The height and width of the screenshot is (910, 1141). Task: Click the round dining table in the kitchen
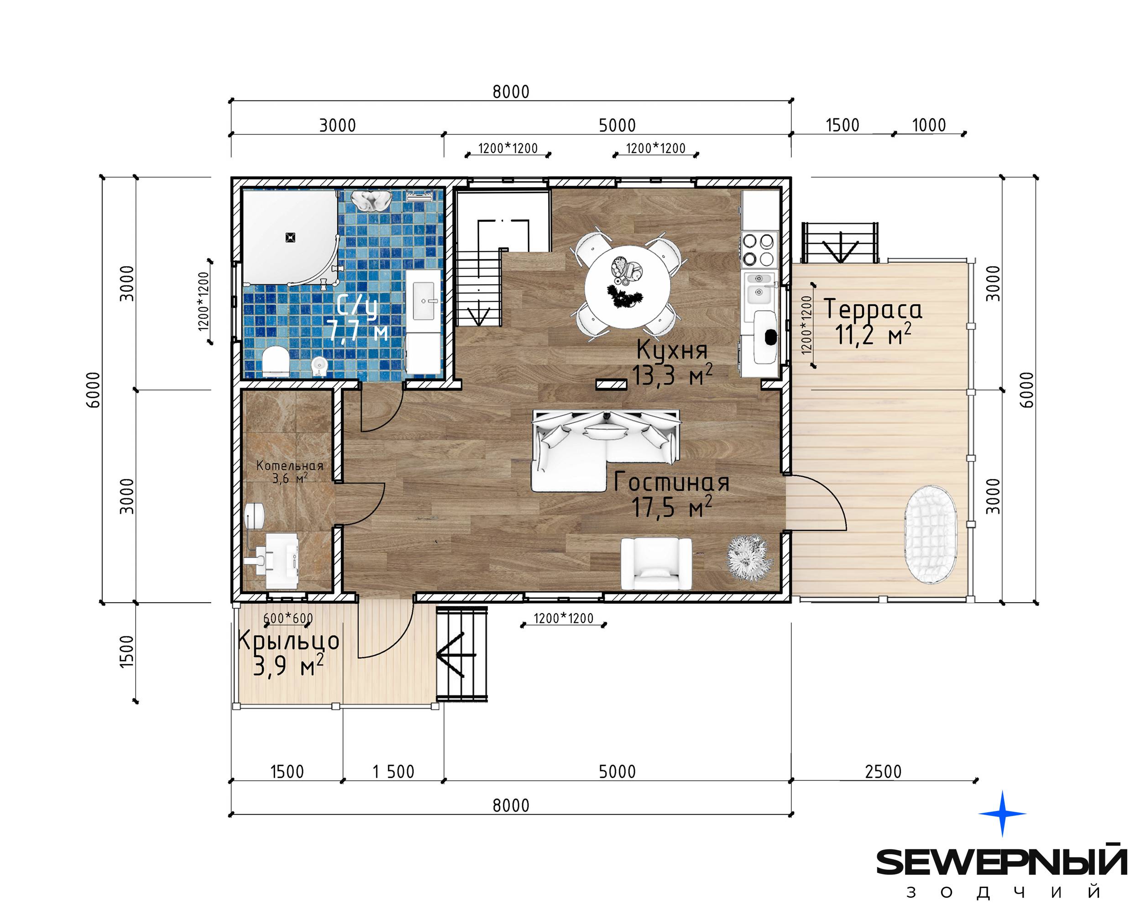[627, 287]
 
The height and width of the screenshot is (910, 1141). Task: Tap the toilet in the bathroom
[276, 361]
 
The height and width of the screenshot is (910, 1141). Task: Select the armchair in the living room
[656, 563]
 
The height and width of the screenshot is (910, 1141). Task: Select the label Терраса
[873, 309]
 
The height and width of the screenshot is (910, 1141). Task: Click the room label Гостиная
[671, 481]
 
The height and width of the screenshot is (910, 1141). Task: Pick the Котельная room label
[289, 465]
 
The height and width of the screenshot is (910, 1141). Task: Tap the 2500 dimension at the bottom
[883, 771]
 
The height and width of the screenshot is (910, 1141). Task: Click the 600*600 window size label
[288, 618]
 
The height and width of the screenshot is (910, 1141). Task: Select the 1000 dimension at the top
[929, 126]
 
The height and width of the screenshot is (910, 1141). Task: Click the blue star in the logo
[1002, 813]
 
